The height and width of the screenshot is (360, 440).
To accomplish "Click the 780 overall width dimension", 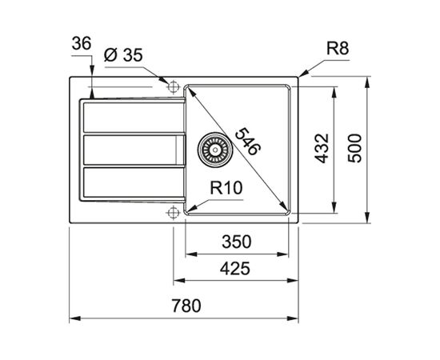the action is coord(186,306).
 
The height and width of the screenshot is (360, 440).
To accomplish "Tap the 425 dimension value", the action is coord(235,268).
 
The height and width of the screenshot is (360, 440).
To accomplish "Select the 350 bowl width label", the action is coord(236,242).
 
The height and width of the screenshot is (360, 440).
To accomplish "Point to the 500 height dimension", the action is coord(354,148).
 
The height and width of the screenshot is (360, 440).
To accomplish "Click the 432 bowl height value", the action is coord(322,148).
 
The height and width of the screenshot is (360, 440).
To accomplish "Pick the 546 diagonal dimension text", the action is coord(247,141).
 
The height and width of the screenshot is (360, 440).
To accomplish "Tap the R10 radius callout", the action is coord(226,188).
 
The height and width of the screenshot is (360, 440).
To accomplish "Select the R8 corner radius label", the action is coord(338,49).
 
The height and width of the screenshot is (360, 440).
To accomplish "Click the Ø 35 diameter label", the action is coord(123,55).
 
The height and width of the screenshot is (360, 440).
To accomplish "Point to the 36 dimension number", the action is coord(82,44).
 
